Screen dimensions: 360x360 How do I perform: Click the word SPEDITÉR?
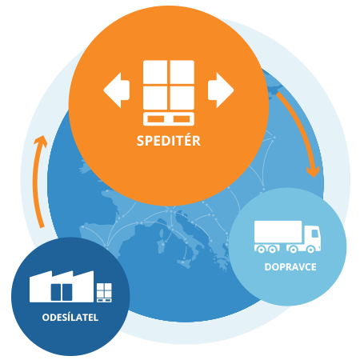pyautogui.click(x=169, y=141)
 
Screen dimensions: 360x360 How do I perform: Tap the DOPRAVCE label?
pyautogui.click(x=290, y=267)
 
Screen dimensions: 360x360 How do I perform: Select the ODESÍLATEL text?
pyautogui.click(x=70, y=318)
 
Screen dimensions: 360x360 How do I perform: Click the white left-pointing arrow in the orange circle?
pyautogui.click(x=117, y=90)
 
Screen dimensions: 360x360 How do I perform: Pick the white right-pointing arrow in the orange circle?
pyautogui.click(x=221, y=90)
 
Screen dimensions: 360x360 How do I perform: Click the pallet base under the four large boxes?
pyautogui.click(x=169, y=119)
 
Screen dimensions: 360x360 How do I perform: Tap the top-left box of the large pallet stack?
pyautogui.click(x=155, y=72)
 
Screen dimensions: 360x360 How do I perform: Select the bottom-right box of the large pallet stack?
pyautogui.click(x=182, y=98)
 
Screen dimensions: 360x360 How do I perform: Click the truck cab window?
pyautogui.click(x=315, y=233)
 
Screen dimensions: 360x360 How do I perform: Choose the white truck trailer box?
pyautogui.click(x=278, y=231)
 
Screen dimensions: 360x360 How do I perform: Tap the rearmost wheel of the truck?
pyautogui.click(x=261, y=250)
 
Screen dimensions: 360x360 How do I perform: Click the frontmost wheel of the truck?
pyautogui.click(x=310, y=250)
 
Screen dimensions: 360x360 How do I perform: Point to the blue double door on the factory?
pyautogui.click(x=62, y=292)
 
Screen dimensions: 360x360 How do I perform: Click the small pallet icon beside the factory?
pyautogui.click(x=104, y=293)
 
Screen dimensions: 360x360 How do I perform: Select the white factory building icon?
pyautogui.click(x=62, y=286)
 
